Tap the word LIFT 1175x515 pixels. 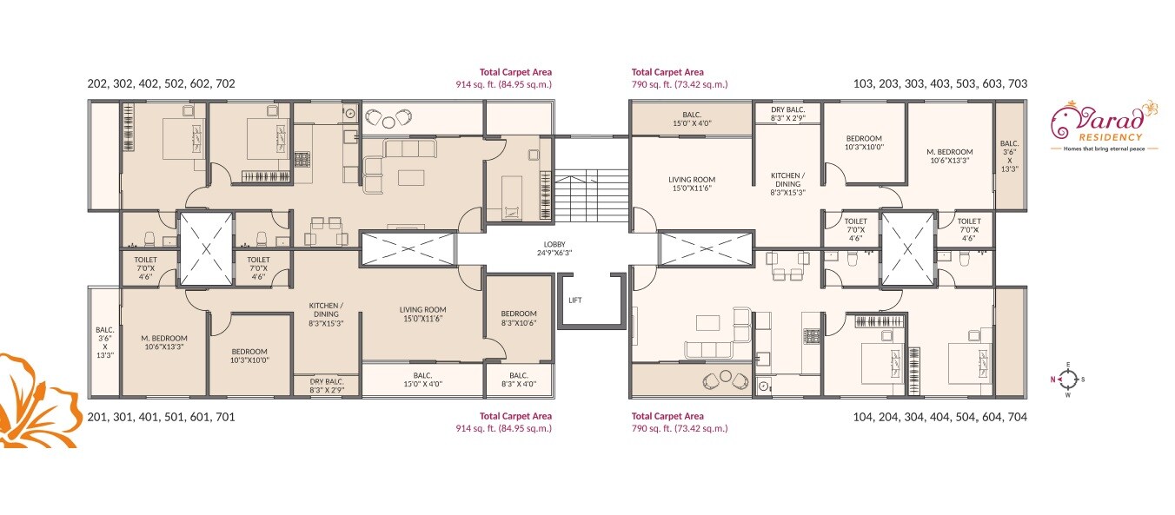click(575, 300)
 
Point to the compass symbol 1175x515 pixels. click(1068, 378)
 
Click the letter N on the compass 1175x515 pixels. click(1052, 379)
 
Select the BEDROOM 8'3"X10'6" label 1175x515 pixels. click(519, 319)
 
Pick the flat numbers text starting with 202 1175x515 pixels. click(162, 84)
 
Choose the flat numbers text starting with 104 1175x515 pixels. click(941, 417)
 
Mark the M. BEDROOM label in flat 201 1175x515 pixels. click(164, 342)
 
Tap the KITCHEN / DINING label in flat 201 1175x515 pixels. click(327, 314)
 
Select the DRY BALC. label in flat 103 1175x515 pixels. click(788, 113)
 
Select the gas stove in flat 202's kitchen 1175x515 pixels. click(302, 160)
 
